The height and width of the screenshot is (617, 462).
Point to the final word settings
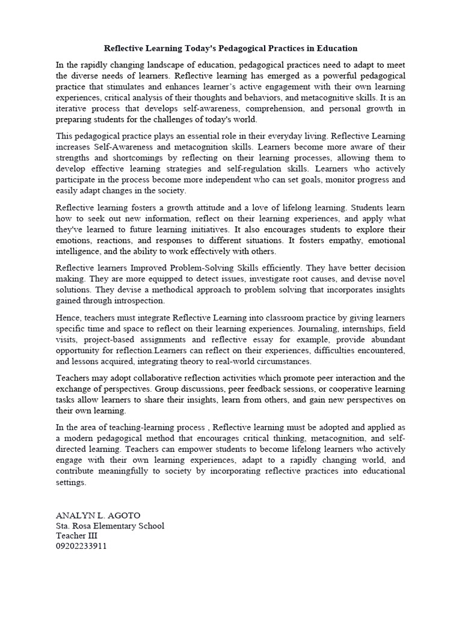[x=71, y=483]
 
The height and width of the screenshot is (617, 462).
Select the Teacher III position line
[x=76, y=536]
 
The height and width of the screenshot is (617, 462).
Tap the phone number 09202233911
[x=81, y=547]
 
